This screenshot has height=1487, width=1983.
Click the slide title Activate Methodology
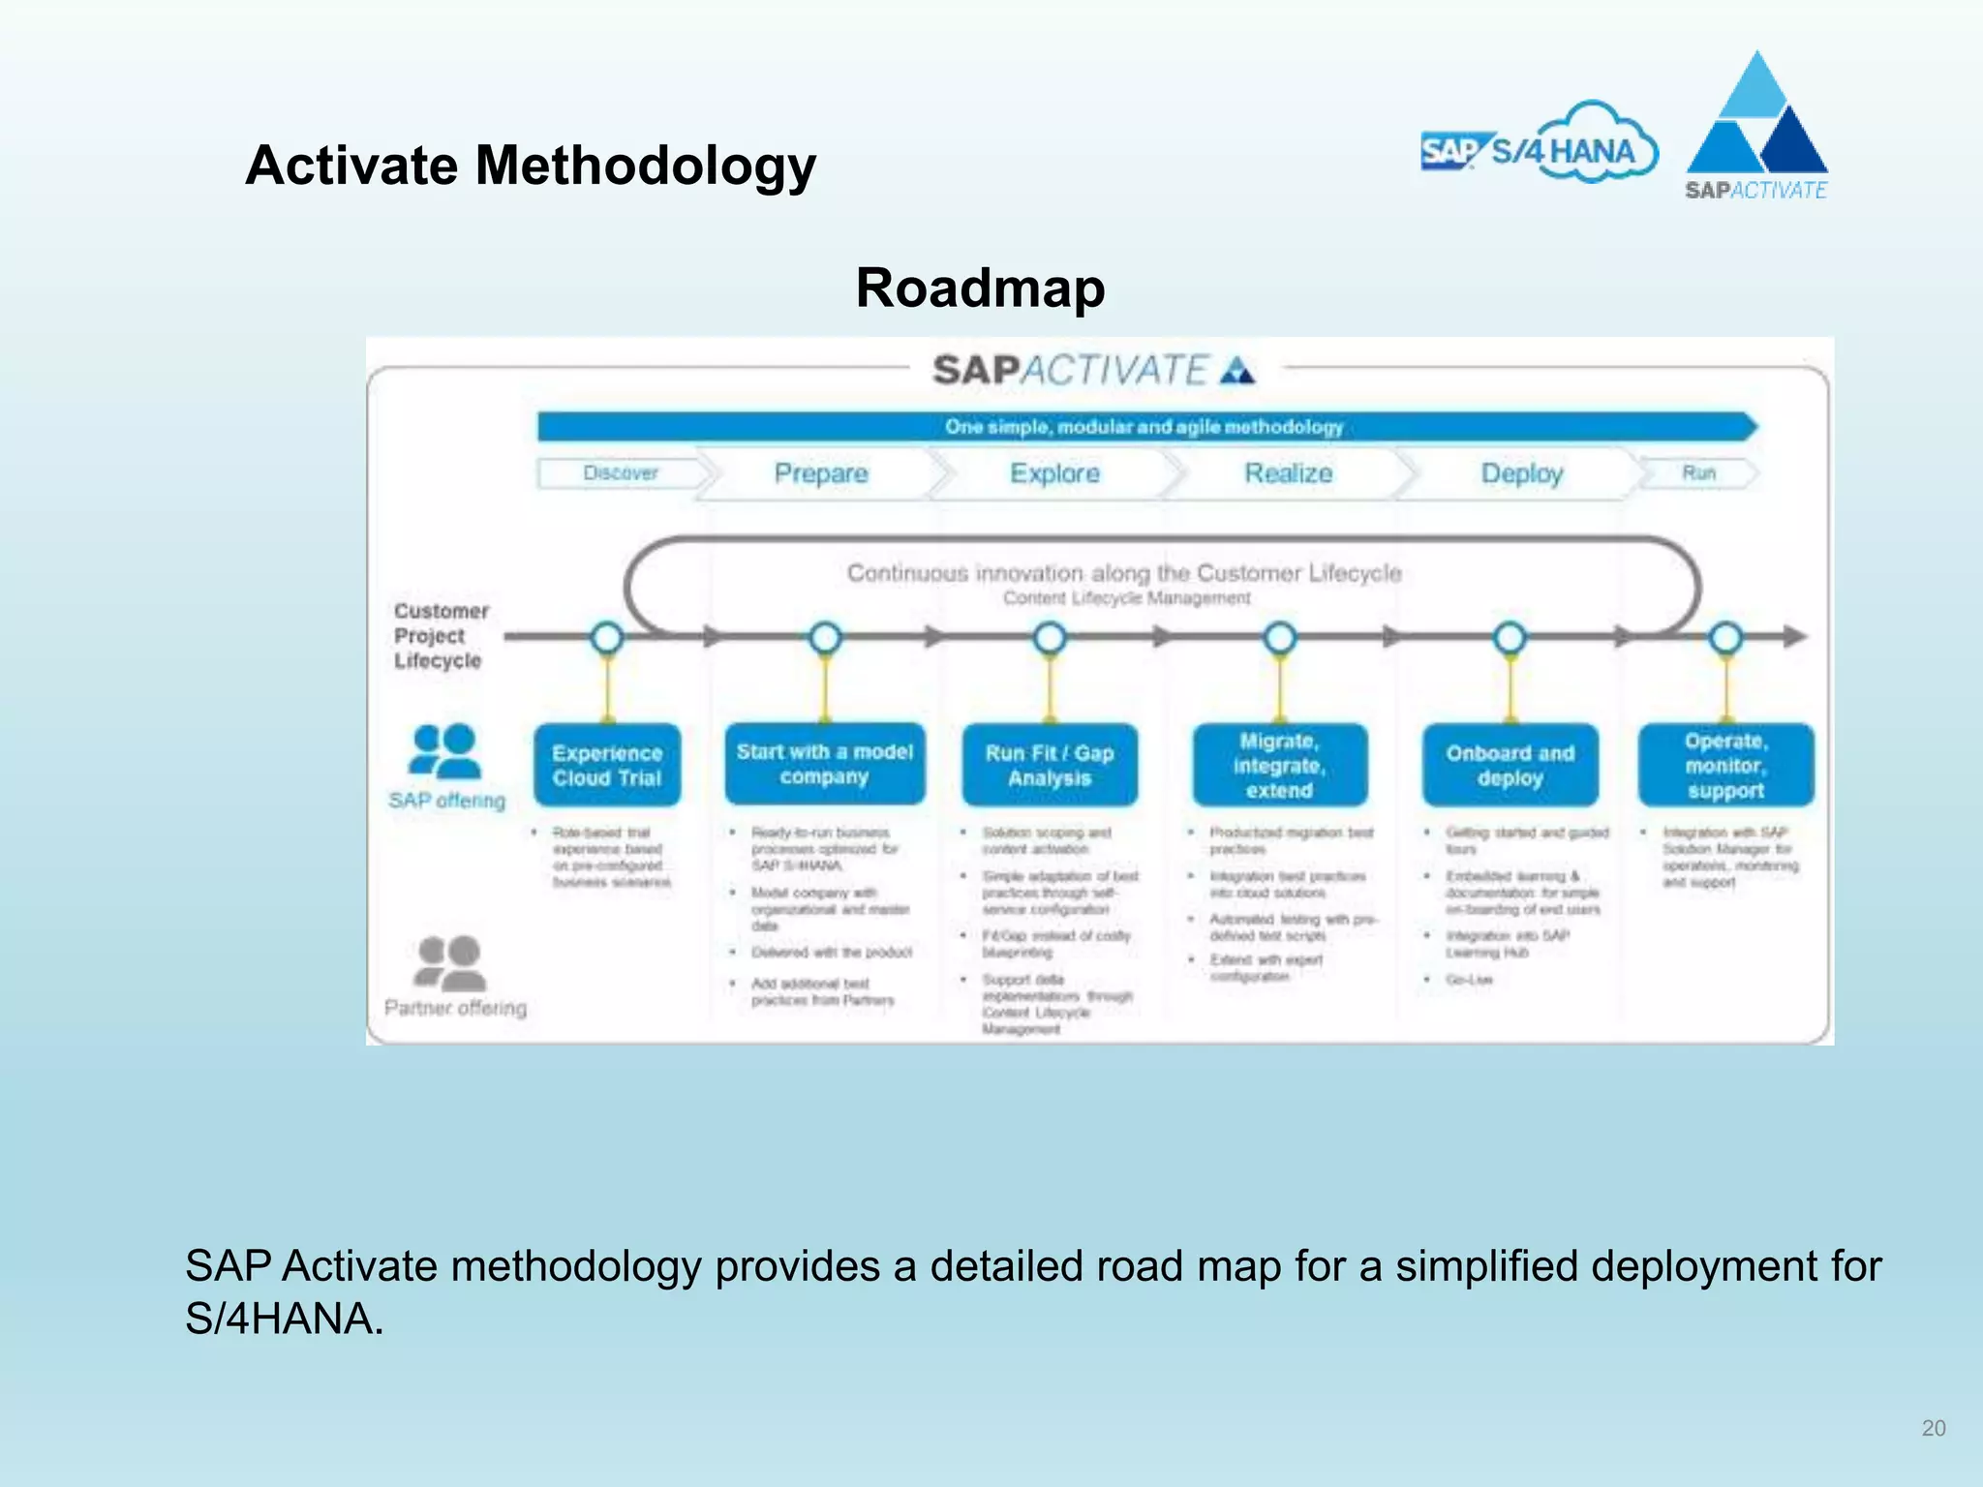tap(531, 166)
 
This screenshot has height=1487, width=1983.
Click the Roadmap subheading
tap(980, 288)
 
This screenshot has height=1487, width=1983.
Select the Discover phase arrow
tap(622, 473)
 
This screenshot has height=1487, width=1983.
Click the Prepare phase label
tap(821, 473)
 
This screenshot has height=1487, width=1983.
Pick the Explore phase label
tap(1054, 473)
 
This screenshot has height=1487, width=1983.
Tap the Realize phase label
tap(1288, 473)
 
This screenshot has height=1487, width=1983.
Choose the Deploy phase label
tap(1521, 473)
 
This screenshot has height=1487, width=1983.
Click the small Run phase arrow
tap(1698, 473)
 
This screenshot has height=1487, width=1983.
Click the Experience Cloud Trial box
tap(607, 765)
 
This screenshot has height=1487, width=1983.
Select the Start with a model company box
tap(824, 764)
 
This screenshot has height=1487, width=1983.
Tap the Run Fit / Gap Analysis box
tap(1050, 765)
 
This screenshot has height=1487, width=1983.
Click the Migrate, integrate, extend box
tap(1279, 765)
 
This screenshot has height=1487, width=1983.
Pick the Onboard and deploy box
tap(1510, 765)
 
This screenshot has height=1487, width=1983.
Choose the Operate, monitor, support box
tap(1725, 765)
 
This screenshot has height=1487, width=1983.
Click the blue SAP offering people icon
tap(445, 751)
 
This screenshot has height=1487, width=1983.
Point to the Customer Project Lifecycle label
tap(441, 636)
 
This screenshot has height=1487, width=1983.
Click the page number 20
tap(1933, 1428)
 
